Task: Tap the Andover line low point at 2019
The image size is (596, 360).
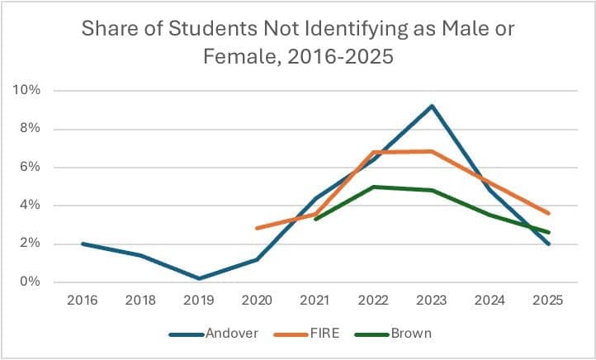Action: (199, 278)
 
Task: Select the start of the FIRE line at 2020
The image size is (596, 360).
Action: (257, 228)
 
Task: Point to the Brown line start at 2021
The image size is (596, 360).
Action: (315, 219)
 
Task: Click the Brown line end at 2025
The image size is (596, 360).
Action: (549, 232)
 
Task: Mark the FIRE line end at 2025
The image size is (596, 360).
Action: (549, 213)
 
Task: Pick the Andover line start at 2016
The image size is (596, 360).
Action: (83, 244)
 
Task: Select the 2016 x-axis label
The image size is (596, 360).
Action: (83, 301)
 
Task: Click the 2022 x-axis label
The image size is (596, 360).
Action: (374, 301)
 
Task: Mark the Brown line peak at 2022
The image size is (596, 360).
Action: (374, 187)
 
